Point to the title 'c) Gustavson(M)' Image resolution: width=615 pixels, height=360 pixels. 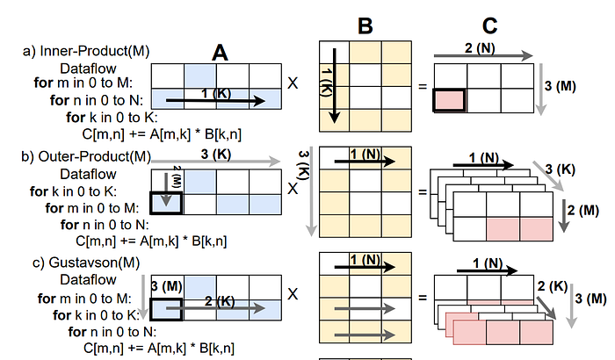(74, 263)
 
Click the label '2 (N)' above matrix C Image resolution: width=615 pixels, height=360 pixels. (480, 46)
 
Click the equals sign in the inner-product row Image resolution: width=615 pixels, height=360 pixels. (422, 86)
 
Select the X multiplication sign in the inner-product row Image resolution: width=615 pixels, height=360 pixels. (293, 86)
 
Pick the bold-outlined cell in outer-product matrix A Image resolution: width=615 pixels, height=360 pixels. (167, 202)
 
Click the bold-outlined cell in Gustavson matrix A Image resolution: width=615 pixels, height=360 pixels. (167, 307)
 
